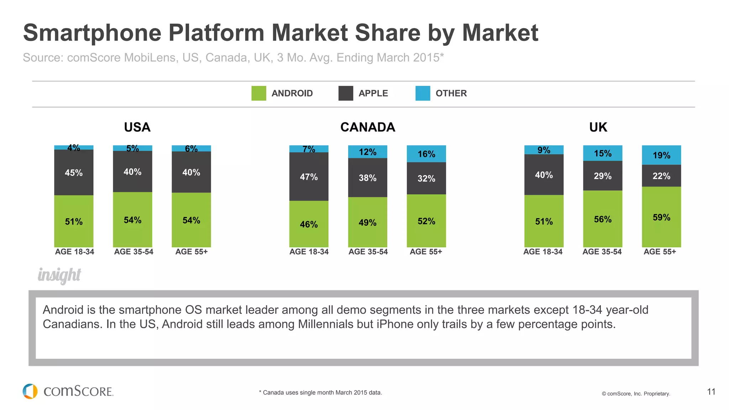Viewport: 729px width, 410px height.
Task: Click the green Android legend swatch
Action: click(258, 93)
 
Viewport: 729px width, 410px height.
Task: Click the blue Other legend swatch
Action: click(423, 93)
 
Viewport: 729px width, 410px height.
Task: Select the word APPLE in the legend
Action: click(373, 93)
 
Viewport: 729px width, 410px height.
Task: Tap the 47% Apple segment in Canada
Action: click(309, 177)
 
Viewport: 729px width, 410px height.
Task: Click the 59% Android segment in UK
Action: click(661, 217)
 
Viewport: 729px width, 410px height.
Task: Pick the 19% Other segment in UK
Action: click(661, 155)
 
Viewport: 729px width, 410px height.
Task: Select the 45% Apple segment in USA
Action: click(74, 173)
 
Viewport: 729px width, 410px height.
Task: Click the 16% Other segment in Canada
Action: click(426, 154)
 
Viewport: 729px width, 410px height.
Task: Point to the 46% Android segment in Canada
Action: click(309, 224)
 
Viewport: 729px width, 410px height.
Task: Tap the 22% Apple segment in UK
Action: click(661, 176)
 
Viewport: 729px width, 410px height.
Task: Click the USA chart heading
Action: click(137, 127)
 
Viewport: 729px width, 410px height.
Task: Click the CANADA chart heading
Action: click(367, 127)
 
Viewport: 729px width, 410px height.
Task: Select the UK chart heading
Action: click(598, 127)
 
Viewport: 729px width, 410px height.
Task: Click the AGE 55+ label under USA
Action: click(192, 252)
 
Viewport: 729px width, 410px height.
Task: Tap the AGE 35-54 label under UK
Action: click(602, 252)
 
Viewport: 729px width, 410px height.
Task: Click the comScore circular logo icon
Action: click(30, 391)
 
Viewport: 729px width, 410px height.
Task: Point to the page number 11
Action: click(711, 392)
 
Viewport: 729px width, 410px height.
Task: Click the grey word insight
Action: click(59, 275)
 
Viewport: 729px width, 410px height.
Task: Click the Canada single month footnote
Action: click(320, 393)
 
